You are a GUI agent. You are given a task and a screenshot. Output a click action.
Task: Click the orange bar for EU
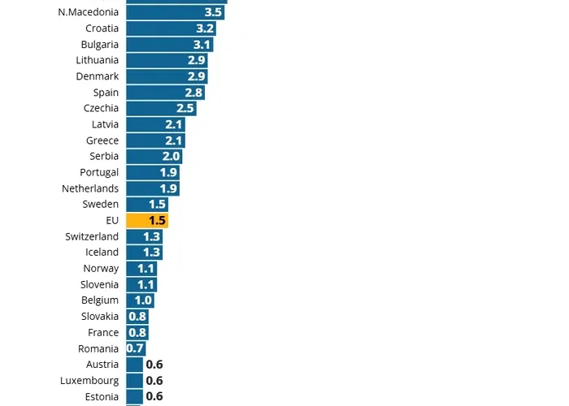[x=147, y=220]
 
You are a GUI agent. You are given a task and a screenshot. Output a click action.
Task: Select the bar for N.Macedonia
[x=176, y=12]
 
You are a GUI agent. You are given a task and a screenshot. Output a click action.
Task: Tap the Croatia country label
[x=102, y=28]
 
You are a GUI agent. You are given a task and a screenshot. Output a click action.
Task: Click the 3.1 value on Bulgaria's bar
[x=202, y=45]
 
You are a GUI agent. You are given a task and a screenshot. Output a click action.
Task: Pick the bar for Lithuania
[x=167, y=60]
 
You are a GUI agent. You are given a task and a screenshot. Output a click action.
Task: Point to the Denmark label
[x=98, y=76]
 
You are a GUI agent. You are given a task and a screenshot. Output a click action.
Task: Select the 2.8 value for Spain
[x=193, y=93]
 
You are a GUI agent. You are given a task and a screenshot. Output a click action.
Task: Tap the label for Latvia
[x=106, y=124]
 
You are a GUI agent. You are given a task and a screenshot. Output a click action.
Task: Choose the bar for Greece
[x=155, y=140]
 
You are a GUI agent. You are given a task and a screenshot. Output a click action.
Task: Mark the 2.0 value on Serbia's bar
[x=171, y=156]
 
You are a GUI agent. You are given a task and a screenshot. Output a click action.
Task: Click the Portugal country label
[x=99, y=172]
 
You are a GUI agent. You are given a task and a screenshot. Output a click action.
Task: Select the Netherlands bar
[x=153, y=188]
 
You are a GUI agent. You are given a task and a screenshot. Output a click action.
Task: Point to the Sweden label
[x=101, y=205]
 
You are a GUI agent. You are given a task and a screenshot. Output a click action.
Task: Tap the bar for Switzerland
[x=145, y=236]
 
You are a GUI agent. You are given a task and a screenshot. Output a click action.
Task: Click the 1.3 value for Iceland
[x=151, y=253]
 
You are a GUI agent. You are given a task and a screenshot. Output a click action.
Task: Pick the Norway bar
[x=141, y=268]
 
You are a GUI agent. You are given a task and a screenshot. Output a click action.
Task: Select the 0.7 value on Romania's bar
[x=135, y=348]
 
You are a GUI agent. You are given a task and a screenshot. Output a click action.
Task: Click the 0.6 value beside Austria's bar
[x=154, y=365]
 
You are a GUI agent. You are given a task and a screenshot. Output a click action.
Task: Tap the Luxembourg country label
[x=89, y=381]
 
